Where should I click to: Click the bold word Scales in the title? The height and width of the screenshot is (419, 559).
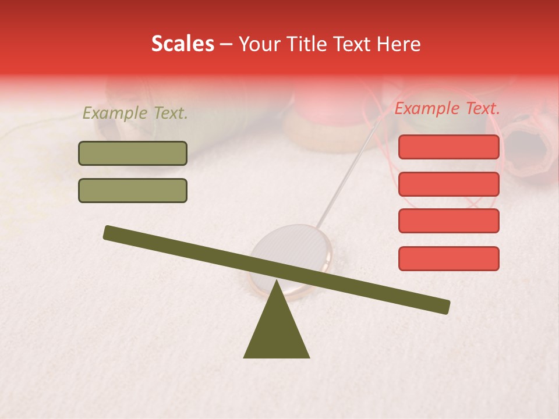[x=182, y=44]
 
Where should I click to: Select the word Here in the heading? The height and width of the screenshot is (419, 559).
[x=399, y=44]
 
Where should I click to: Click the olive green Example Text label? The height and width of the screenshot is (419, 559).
[x=135, y=113]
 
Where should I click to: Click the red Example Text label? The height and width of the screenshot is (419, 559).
[x=447, y=108]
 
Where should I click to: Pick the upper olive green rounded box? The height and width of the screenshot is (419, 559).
[x=133, y=153]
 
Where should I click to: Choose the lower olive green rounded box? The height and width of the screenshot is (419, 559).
[x=133, y=190]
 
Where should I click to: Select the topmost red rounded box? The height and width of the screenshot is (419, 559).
[x=448, y=147]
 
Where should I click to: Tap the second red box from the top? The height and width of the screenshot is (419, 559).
[x=448, y=184]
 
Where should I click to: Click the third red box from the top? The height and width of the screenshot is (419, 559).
[x=448, y=221]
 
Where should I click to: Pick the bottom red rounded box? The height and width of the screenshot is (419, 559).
[x=448, y=258]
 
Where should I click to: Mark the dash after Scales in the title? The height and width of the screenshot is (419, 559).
[x=227, y=44]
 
